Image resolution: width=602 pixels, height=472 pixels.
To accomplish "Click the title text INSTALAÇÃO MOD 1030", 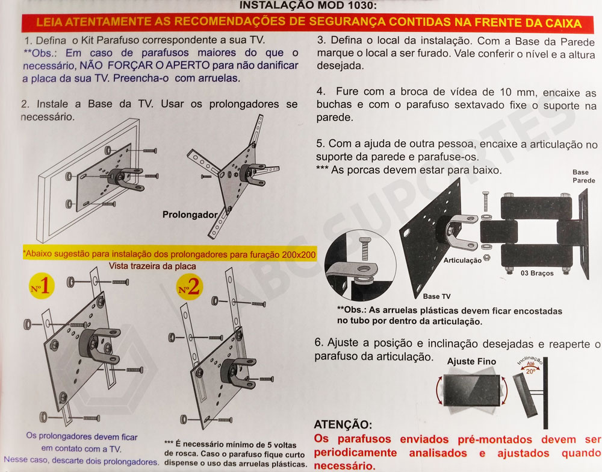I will pos(308,5).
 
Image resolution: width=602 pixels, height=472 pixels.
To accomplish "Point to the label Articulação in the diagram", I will pos(462,260).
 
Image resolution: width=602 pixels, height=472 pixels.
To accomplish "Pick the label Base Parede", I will pos(583,176).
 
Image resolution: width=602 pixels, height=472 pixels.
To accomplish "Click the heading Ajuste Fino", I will pos(471,362).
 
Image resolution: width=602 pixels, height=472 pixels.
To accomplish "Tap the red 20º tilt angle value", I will pos(530,372).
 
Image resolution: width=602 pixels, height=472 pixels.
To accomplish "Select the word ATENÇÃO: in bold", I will pos(343,426).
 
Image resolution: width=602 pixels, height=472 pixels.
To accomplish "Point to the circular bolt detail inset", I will pos(361,260).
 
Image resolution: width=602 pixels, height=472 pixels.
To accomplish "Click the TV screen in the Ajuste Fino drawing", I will pos(472,392).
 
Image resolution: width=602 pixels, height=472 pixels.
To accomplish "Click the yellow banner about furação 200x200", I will pos(169,254).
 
